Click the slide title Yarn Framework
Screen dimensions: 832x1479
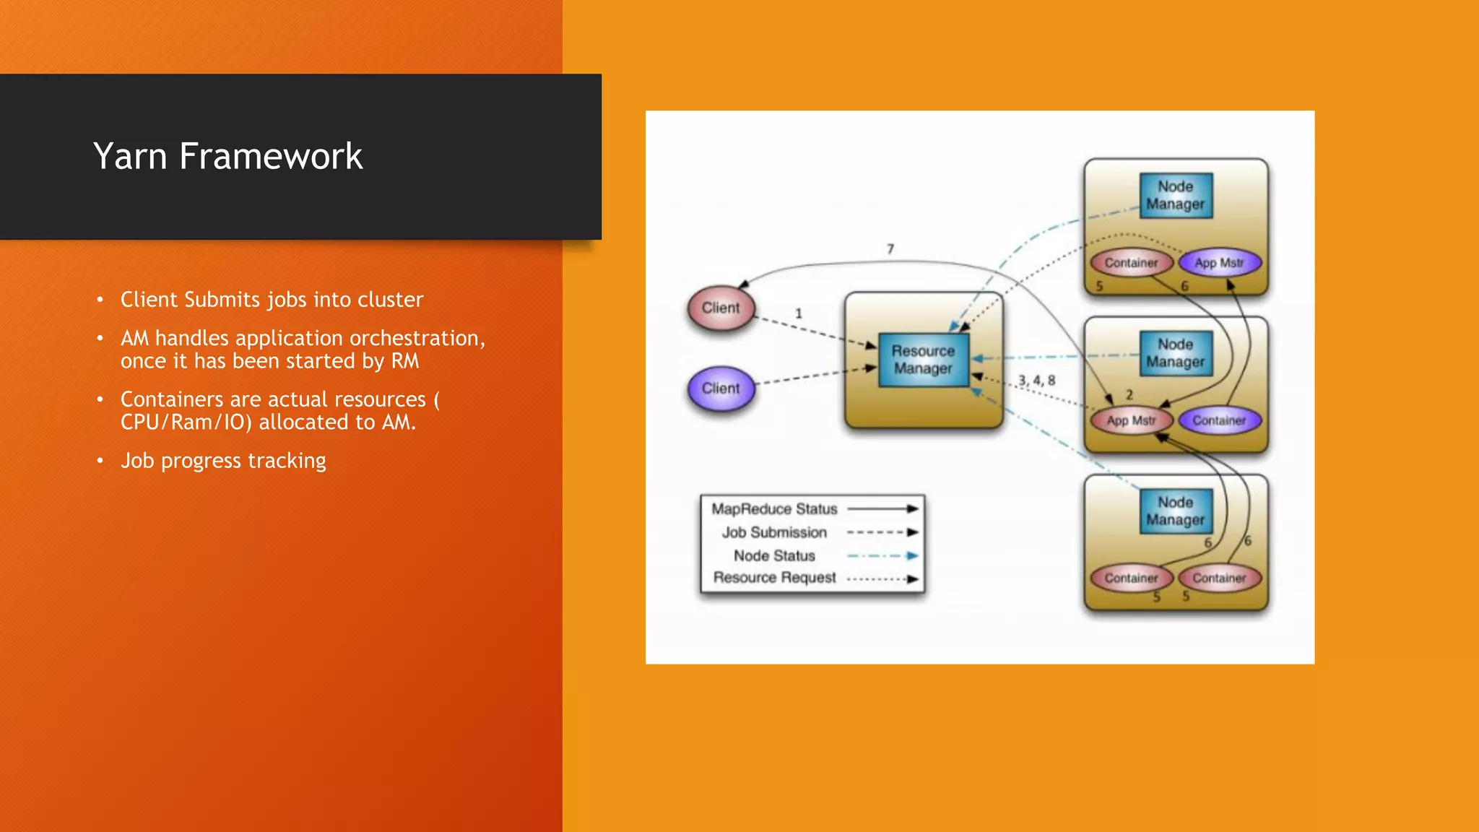[x=227, y=156]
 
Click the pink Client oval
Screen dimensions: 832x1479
[x=721, y=308]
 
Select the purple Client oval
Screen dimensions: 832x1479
[x=721, y=389]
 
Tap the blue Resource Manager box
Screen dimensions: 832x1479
[x=923, y=360]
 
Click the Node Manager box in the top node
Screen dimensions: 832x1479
[x=1175, y=196]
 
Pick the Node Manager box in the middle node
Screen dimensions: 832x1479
[x=1175, y=353]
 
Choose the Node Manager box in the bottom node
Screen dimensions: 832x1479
[x=1175, y=511]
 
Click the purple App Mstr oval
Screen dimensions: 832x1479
[x=1219, y=263]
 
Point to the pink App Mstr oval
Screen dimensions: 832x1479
[x=1131, y=420]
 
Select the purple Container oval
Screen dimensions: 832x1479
[x=1219, y=420]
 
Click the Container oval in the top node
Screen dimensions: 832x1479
[x=1131, y=263]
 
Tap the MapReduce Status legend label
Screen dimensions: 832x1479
[x=774, y=509]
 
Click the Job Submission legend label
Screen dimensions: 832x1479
[x=774, y=532]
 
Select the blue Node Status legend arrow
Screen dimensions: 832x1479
[x=882, y=556]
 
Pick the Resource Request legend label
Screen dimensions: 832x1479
[x=774, y=578]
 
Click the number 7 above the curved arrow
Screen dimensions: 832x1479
[x=890, y=249]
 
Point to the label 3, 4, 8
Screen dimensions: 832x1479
[x=1036, y=380]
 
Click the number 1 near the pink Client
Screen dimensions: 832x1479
[x=799, y=313]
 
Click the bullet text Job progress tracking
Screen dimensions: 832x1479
[x=223, y=461]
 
